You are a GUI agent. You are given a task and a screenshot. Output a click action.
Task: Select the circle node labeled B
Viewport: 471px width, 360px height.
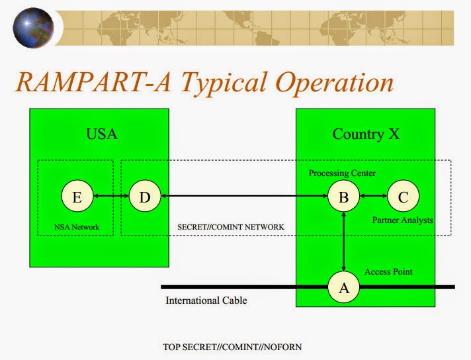(x=344, y=196)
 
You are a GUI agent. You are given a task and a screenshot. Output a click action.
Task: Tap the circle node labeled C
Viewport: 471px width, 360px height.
(x=403, y=196)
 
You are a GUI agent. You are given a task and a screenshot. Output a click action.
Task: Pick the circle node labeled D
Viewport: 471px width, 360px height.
(x=144, y=196)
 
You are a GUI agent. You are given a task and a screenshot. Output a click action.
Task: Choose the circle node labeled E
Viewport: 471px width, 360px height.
(x=76, y=196)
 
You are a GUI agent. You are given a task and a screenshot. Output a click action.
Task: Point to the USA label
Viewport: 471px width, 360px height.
(x=102, y=134)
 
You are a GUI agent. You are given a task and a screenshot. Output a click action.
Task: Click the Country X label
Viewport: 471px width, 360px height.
(x=365, y=134)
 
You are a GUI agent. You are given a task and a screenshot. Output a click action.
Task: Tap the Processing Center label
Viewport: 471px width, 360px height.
(x=342, y=173)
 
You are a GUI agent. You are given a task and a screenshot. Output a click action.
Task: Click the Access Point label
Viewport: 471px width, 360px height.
(x=389, y=272)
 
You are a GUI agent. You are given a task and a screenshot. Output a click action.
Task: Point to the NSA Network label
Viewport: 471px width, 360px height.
(x=77, y=227)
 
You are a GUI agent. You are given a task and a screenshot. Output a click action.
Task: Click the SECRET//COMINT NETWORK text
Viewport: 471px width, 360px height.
(x=231, y=227)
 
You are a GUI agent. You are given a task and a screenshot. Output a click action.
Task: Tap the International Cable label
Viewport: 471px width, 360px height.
(x=206, y=300)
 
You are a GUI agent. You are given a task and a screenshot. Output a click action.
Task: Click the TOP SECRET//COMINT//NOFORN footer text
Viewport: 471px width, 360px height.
(x=232, y=346)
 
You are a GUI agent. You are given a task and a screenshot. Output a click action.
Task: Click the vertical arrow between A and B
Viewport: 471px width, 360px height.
(x=344, y=242)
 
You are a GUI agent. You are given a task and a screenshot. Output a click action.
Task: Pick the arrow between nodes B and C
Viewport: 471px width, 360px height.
(x=373, y=196)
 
